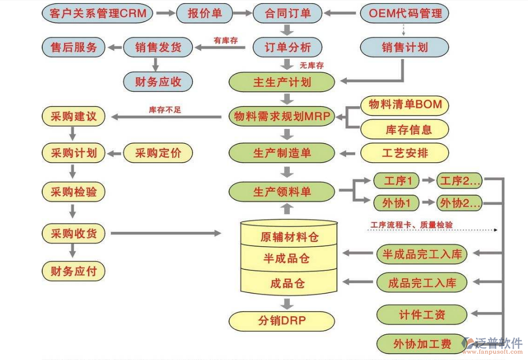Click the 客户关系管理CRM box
point(98,13)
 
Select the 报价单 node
point(205,13)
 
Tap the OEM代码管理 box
point(405,13)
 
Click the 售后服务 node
point(74,47)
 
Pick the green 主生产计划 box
point(281,82)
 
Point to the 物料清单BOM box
point(405,105)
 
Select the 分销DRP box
point(281,321)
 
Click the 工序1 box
point(395,181)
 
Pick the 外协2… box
point(459,203)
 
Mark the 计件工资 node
point(422,314)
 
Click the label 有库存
point(225,40)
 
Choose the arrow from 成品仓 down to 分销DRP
point(287,301)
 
